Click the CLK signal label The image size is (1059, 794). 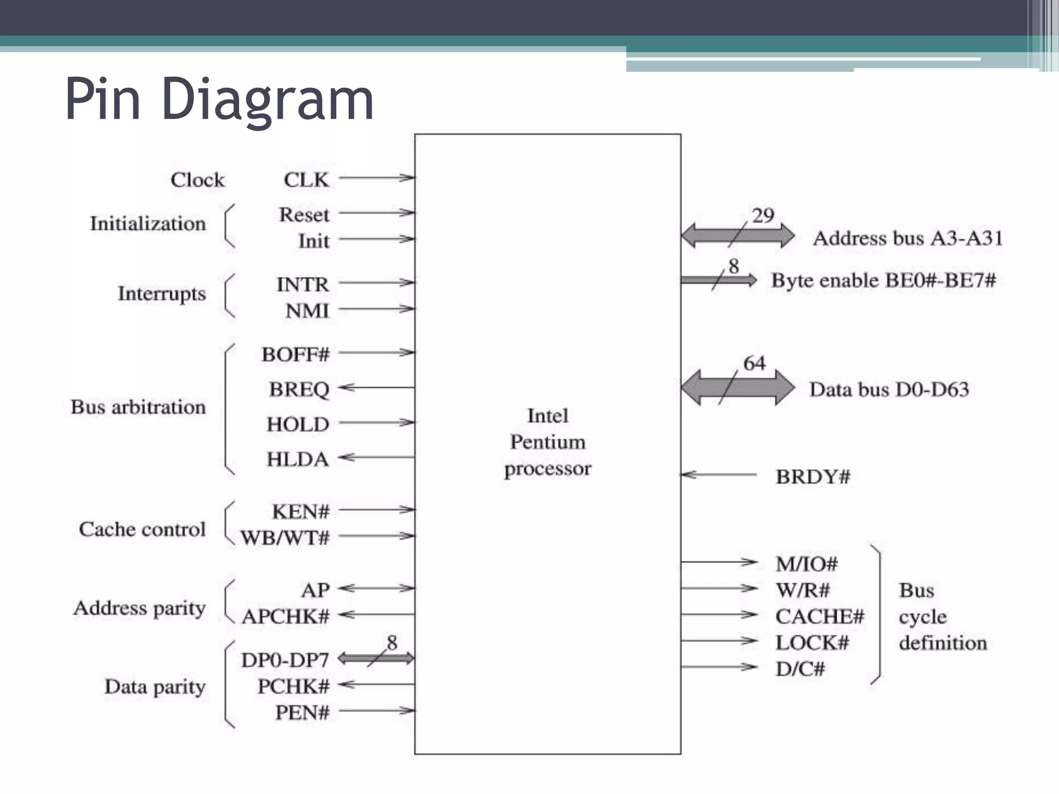coord(306,180)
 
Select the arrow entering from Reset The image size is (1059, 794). coord(377,212)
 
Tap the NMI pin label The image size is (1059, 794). coord(307,311)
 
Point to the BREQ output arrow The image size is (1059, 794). coord(377,387)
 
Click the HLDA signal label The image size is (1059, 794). coord(298,459)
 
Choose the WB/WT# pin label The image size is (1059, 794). coord(285,538)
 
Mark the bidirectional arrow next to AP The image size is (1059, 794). coord(377,588)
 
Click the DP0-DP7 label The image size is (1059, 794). coord(285,660)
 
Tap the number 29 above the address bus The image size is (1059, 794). coord(763,215)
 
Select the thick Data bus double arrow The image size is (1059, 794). coord(737,388)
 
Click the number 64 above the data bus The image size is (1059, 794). coord(754,363)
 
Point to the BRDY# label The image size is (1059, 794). coord(813,477)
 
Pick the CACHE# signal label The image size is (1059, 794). coord(820,616)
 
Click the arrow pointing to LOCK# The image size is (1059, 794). coord(719,641)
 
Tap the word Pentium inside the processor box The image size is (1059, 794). coord(548,442)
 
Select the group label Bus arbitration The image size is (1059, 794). coord(138,407)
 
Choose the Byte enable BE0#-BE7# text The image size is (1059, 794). coord(884,280)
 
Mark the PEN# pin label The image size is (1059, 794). coord(302,712)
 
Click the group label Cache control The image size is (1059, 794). coord(142,529)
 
